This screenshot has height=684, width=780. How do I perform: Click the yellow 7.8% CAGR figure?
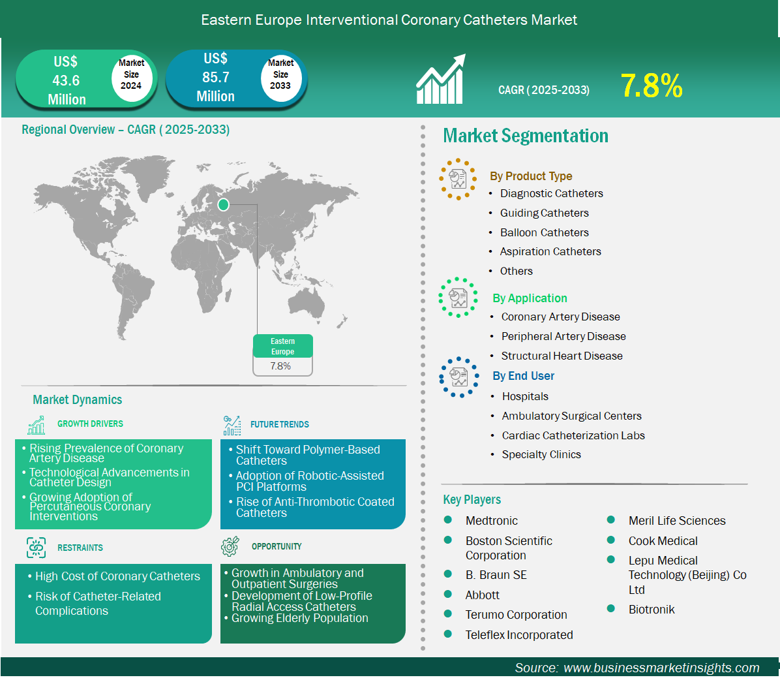(x=652, y=85)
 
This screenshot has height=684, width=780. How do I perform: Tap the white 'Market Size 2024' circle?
(x=131, y=75)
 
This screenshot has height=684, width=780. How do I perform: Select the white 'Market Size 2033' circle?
(x=281, y=75)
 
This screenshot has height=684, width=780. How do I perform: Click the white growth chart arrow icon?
(x=441, y=79)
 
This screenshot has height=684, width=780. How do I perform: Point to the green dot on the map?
(x=223, y=204)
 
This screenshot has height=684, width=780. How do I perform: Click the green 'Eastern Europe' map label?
(x=282, y=346)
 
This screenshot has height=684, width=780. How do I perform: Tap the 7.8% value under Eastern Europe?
(x=280, y=366)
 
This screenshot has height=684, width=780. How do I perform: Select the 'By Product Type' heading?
(x=531, y=176)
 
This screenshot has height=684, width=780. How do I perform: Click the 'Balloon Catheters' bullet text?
(x=544, y=232)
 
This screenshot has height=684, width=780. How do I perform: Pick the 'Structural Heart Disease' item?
(x=562, y=356)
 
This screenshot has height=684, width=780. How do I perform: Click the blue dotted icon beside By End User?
(x=459, y=377)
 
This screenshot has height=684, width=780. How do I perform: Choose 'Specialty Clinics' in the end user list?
(x=541, y=454)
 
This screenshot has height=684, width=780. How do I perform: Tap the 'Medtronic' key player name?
(x=492, y=521)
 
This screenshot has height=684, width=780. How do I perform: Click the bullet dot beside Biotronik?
(x=611, y=608)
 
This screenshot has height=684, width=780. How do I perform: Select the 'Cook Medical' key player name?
(x=663, y=540)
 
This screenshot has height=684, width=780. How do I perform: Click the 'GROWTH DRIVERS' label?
(x=90, y=424)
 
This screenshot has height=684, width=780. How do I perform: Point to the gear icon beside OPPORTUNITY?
(x=230, y=546)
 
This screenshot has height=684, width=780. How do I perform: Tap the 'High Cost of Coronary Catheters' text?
(x=117, y=576)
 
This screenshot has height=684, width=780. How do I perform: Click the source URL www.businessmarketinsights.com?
(x=661, y=668)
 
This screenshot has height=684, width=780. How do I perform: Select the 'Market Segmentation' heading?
(x=525, y=135)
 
